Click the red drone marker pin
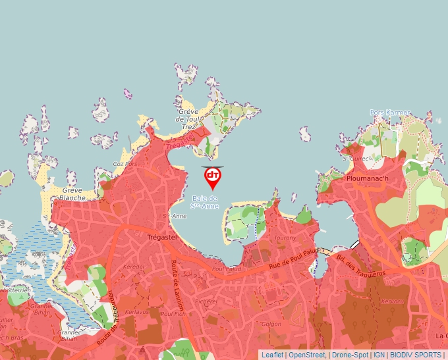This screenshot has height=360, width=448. pyautogui.click(x=213, y=177)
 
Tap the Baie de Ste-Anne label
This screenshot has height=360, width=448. pyautogui.click(x=204, y=202)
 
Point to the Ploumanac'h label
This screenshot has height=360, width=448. pyautogui.click(x=366, y=178)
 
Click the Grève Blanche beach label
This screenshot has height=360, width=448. pyautogui.click(x=72, y=193)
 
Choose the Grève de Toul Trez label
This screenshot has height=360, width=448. pyautogui.click(x=188, y=119)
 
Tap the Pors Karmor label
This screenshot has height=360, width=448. pyautogui.click(x=390, y=113)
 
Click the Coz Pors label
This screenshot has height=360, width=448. pyautogui.click(x=125, y=164)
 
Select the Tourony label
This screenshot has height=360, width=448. pyautogui.click(x=285, y=238)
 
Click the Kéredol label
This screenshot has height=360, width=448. pyautogui.click(x=134, y=266)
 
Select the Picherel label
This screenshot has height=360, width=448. pyautogui.click(x=206, y=301)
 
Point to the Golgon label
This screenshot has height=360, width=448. pyautogui.click(x=271, y=324)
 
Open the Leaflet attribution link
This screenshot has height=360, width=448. pyautogui.click(x=272, y=355)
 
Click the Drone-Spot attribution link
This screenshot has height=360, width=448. pyautogui.click(x=350, y=355)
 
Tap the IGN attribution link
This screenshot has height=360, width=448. pyautogui.click(x=379, y=355)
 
